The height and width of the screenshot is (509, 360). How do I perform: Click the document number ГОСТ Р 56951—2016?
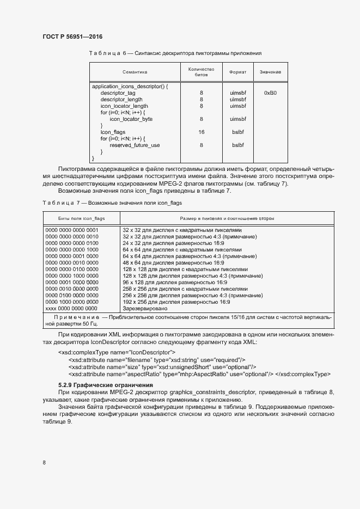(72, 36)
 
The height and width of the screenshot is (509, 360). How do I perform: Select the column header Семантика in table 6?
(135, 72)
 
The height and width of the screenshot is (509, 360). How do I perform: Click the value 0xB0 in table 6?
(270, 93)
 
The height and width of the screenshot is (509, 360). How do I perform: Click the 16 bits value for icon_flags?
(202, 132)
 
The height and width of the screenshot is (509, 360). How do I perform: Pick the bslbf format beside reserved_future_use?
(238, 145)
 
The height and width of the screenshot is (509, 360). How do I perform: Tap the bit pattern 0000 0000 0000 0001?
(71, 230)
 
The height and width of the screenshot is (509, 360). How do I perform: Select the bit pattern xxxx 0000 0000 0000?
(71, 308)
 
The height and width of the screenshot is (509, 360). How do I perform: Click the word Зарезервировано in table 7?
(145, 308)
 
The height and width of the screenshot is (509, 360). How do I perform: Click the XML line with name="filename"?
(157, 360)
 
